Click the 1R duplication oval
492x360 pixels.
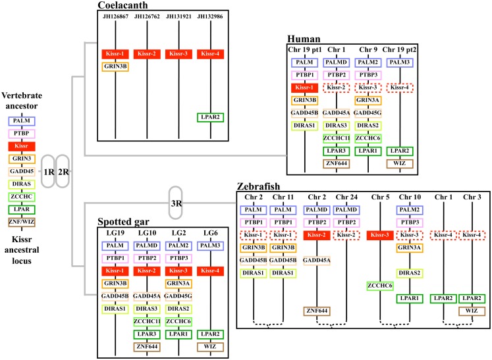tap(48, 171)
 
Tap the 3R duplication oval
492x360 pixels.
tap(175, 203)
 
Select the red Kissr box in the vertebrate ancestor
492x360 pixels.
tap(22, 146)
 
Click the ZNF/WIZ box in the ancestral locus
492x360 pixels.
tap(22, 222)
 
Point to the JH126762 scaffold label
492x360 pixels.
tap(147, 16)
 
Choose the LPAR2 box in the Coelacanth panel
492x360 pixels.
tap(210, 117)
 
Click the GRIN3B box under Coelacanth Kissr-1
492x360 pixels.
tap(115, 66)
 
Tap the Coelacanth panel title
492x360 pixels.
tap(123, 5)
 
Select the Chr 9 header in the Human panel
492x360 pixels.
tap(368, 49)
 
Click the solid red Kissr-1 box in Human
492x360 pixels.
tap(304, 88)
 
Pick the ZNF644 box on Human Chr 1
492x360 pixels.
tap(337, 164)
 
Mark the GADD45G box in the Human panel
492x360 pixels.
tap(368, 113)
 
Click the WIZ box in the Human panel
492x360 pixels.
tap(400, 164)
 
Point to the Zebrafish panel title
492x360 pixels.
tap(258, 187)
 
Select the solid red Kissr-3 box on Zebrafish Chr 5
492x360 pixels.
tap(380, 235)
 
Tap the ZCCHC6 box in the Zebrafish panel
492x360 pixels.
tap(380, 286)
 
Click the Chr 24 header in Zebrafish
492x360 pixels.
tap(346, 197)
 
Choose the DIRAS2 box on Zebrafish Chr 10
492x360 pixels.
tap(410, 273)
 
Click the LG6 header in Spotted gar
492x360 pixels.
tap(210, 233)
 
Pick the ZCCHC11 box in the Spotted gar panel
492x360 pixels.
tap(147, 321)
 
